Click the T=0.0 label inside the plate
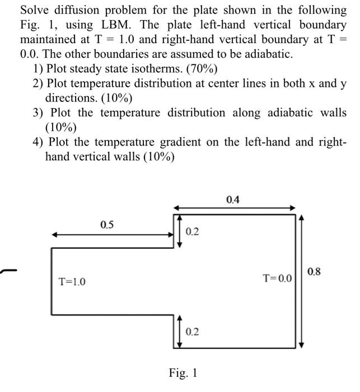[x=278, y=278]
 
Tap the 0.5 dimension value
[x=106, y=225]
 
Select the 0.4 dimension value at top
[x=232, y=199]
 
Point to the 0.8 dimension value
[x=315, y=272]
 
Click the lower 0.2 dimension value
[x=191, y=332]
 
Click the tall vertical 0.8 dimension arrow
[x=302, y=280]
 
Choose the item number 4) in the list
[x=39, y=142]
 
